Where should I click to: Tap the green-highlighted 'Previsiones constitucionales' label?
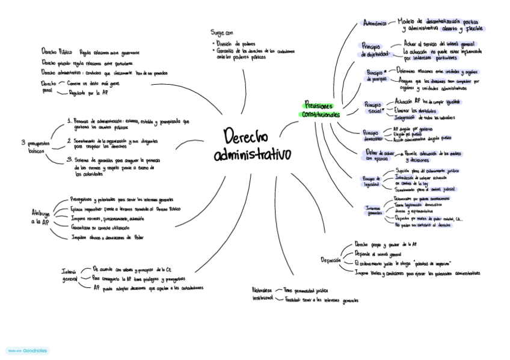pyautogui.click(x=321, y=109)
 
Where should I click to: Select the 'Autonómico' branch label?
pyautogui.click(x=376, y=23)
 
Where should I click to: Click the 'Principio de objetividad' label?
pyautogui.click(x=376, y=49)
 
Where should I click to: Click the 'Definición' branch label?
pyautogui.click(x=330, y=260)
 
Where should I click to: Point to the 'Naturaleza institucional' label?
pyautogui.click(x=262, y=294)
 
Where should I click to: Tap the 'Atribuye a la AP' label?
pyautogui.click(x=40, y=217)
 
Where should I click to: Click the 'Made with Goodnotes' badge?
pyautogui.click(x=28, y=350)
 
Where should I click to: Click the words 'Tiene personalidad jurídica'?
pyautogui.click(x=306, y=290)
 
